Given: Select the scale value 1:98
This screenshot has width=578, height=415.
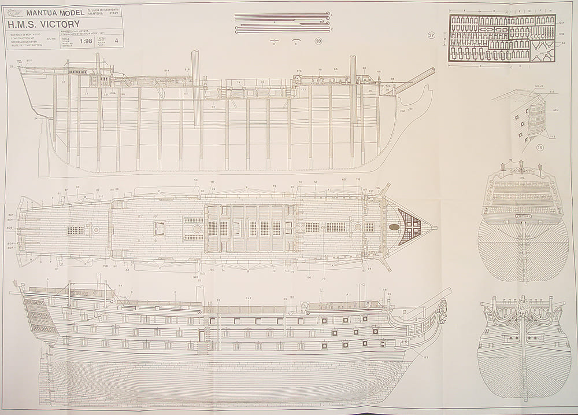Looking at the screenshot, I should [x=86, y=41].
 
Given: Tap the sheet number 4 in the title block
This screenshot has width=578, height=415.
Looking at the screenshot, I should [x=116, y=41].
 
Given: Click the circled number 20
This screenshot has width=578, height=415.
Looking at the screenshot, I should [x=318, y=41].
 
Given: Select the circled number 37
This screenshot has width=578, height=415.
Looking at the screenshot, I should [x=431, y=35].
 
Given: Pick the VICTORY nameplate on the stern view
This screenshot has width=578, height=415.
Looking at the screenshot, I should [x=523, y=221].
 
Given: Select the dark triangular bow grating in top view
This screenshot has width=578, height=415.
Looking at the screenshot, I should [x=412, y=226].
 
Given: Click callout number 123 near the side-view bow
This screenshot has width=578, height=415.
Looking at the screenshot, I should [x=425, y=357].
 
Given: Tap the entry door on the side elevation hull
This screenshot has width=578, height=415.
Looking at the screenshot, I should [x=201, y=335].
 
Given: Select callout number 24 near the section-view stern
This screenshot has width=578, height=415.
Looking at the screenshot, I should [x=36, y=118].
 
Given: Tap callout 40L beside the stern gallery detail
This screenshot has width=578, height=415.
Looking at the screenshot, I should [x=555, y=111].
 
